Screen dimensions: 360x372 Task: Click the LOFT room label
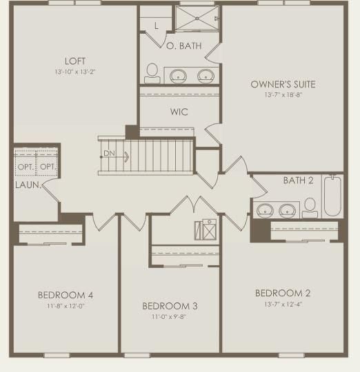pyautogui.click(x=75, y=61)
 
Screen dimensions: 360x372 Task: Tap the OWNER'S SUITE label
pyautogui.click(x=283, y=85)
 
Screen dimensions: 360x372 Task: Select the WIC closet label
pyautogui.click(x=179, y=112)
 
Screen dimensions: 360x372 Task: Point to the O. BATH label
pyautogui.click(x=184, y=45)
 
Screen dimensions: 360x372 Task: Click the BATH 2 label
pyautogui.click(x=298, y=180)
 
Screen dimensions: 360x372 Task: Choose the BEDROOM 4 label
pyautogui.click(x=66, y=295)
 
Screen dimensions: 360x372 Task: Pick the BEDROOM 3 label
pyautogui.click(x=170, y=306)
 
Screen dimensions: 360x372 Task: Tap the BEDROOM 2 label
pyautogui.click(x=283, y=293)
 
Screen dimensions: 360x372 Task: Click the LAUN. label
pyautogui.click(x=28, y=185)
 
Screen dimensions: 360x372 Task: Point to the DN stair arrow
pyautogui.click(x=115, y=157)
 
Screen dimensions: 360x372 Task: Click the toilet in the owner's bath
pyautogui.click(x=152, y=73)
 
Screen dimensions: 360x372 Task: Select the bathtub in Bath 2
pyautogui.click(x=332, y=196)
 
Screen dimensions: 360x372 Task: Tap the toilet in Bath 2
pyautogui.click(x=310, y=208)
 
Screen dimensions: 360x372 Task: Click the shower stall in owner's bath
pyautogui.click(x=197, y=19)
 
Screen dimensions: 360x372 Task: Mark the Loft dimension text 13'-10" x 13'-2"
pyautogui.click(x=75, y=72)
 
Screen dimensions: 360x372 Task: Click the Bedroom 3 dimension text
pyautogui.click(x=169, y=317)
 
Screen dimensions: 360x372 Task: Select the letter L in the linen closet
pyautogui.click(x=157, y=25)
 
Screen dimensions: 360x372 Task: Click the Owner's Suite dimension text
pyautogui.click(x=283, y=95)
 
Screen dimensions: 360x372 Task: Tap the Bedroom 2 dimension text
pyautogui.click(x=283, y=304)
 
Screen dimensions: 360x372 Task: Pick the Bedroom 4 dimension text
pyautogui.click(x=66, y=306)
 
